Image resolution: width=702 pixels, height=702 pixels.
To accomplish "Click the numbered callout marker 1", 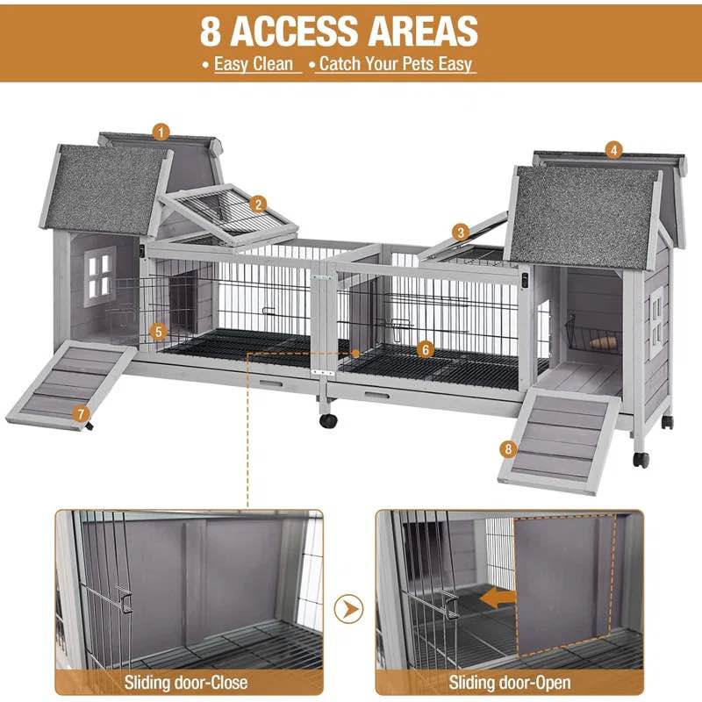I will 160,132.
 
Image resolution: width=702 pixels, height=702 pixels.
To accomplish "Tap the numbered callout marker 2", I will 257,204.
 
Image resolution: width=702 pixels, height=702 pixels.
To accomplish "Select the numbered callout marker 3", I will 461,232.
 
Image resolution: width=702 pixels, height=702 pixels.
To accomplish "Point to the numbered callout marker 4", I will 614,150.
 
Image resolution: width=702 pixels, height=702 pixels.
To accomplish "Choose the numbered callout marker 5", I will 158,332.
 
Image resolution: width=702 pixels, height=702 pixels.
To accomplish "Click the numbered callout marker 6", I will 426,349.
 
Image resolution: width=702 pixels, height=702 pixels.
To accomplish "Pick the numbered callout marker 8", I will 508,449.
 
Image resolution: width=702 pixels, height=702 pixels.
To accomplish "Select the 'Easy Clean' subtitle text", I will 253,64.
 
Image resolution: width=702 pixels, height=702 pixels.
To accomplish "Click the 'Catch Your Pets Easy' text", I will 396,64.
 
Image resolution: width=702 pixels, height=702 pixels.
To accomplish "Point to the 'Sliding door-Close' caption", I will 185,682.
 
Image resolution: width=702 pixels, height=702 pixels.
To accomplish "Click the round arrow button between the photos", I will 349,606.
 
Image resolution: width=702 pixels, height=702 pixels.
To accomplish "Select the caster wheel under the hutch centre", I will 328,419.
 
